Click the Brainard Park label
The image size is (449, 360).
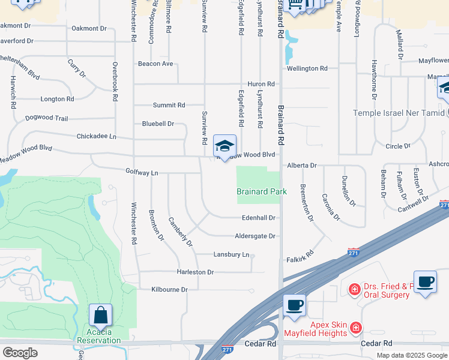[261, 191]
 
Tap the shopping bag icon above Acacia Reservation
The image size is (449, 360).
[100, 316]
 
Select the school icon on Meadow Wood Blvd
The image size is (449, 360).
[224, 146]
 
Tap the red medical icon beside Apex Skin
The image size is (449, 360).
[356, 328]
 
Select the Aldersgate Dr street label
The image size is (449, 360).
[255, 236]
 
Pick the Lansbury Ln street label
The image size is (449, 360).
[231, 254]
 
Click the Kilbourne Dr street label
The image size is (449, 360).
[169, 289]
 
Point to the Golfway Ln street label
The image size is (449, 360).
[142, 173]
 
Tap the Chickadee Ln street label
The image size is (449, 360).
[96, 136]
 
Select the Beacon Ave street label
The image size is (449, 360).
[155, 64]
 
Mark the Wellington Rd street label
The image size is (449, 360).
[307, 68]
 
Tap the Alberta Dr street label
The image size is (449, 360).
[301, 165]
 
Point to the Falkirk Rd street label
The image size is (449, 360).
[301, 256]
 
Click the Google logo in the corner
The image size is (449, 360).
[20, 353]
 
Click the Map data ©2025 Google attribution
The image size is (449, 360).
[411, 355]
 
